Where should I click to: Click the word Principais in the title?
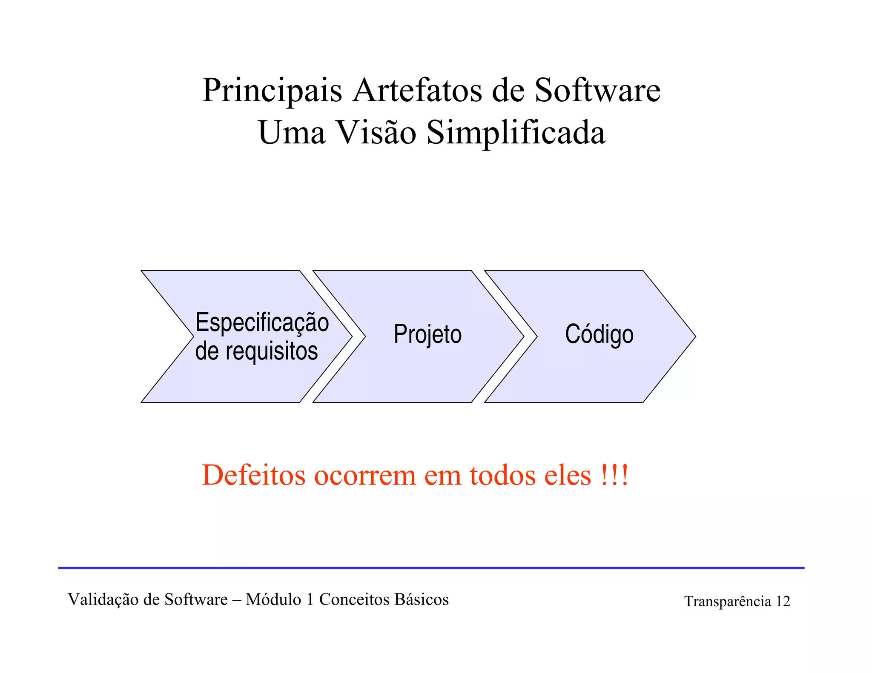pos(272,91)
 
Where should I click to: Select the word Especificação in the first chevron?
pos(262,322)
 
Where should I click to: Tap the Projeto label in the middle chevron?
pos(427,334)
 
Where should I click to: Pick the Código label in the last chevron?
pos(599,334)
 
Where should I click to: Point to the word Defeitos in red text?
pos(254,475)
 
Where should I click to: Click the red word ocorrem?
pos(365,476)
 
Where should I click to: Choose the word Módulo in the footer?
pos(273,599)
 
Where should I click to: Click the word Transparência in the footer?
pos(728,602)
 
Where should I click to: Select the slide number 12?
pos(783,602)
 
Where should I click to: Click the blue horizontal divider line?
pos(431,567)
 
